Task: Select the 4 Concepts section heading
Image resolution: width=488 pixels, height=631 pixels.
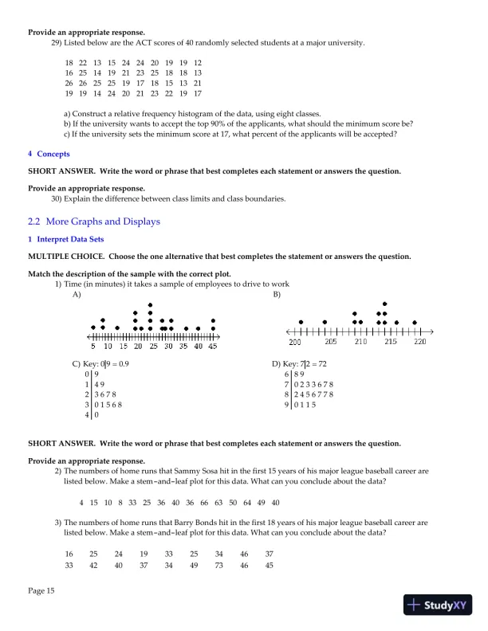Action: click(x=49, y=154)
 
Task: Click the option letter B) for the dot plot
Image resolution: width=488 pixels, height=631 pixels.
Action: click(x=277, y=294)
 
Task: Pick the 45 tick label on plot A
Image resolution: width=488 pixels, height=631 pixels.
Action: click(x=213, y=347)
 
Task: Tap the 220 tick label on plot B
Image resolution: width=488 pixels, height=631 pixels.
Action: click(x=420, y=341)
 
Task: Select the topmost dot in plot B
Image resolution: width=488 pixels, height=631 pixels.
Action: click(x=385, y=304)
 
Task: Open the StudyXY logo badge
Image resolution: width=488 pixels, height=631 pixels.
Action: click(x=438, y=605)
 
